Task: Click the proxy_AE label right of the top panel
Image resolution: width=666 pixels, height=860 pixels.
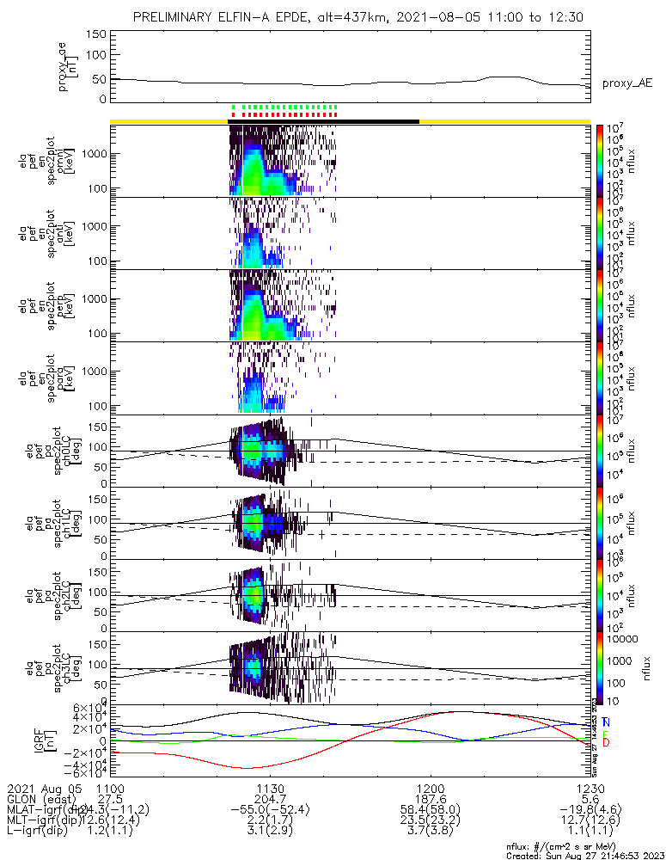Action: [626, 83]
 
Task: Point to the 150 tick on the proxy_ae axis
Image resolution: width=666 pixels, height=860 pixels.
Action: [95, 34]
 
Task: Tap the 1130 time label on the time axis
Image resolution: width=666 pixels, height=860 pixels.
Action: [271, 788]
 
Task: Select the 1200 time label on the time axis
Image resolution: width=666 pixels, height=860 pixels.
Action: [430, 788]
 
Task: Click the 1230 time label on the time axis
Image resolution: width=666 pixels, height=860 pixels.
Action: [590, 788]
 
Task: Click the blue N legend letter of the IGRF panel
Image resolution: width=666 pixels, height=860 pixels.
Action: [606, 722]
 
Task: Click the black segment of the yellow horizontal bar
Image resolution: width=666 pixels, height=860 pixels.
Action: [323, 121]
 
